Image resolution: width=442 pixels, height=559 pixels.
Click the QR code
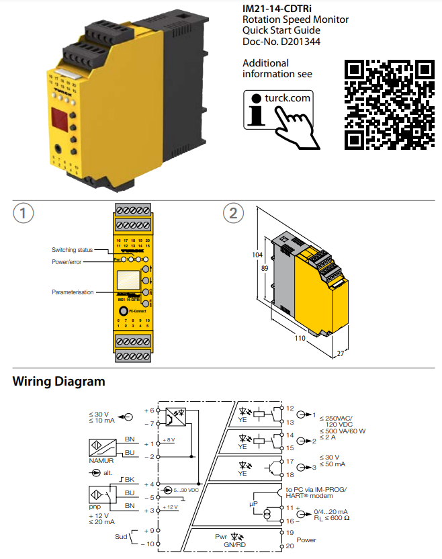click(388, 105)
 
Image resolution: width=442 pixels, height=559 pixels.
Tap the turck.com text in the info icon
click(288, 98)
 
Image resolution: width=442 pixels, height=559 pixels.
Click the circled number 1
click(24, 214)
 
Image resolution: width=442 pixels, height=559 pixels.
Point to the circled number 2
click(233, 214)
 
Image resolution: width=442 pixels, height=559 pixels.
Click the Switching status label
click(73, 250)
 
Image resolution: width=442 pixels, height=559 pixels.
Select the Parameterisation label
click(73, 292)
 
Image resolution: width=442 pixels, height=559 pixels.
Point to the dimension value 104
click(257, 255)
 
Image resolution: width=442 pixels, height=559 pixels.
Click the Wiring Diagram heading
click(59, 382)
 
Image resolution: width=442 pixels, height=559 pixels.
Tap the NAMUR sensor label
click(101, 462)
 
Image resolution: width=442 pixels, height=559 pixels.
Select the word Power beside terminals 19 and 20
click(306, 540)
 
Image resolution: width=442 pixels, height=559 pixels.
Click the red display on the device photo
click(57, 120)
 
